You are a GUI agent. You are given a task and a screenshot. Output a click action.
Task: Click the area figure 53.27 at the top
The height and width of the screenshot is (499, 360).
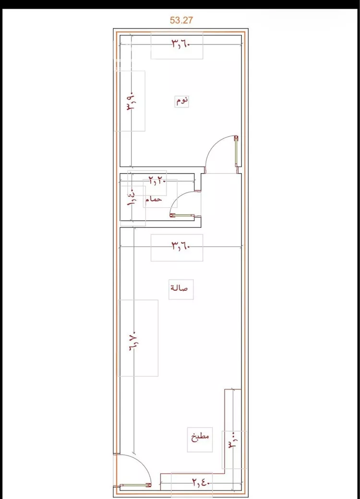[181, 20]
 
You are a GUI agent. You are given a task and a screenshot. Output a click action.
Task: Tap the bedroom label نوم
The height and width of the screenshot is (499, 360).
[182, 101]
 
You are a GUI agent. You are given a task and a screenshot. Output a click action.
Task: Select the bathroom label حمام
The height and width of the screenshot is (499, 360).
[154, 199]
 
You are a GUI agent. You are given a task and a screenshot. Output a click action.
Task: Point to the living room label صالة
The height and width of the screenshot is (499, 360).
[179, 288]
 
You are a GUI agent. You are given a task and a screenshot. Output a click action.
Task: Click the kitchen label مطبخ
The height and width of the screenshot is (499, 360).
[200, 436]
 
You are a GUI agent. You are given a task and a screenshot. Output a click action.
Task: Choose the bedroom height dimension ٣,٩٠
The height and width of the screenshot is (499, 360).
[132, 101]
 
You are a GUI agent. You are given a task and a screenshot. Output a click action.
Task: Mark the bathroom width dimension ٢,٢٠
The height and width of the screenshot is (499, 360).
[157, 181]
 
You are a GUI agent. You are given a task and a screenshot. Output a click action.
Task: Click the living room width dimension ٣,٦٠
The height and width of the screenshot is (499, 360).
[181, 246]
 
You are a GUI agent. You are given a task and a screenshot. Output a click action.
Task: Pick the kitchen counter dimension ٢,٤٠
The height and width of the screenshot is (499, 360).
[201, 483]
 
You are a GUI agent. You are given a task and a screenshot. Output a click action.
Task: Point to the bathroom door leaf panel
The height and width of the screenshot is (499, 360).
[182, 216]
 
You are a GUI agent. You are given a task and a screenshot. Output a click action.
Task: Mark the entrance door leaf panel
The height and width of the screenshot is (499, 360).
[135, 485]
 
